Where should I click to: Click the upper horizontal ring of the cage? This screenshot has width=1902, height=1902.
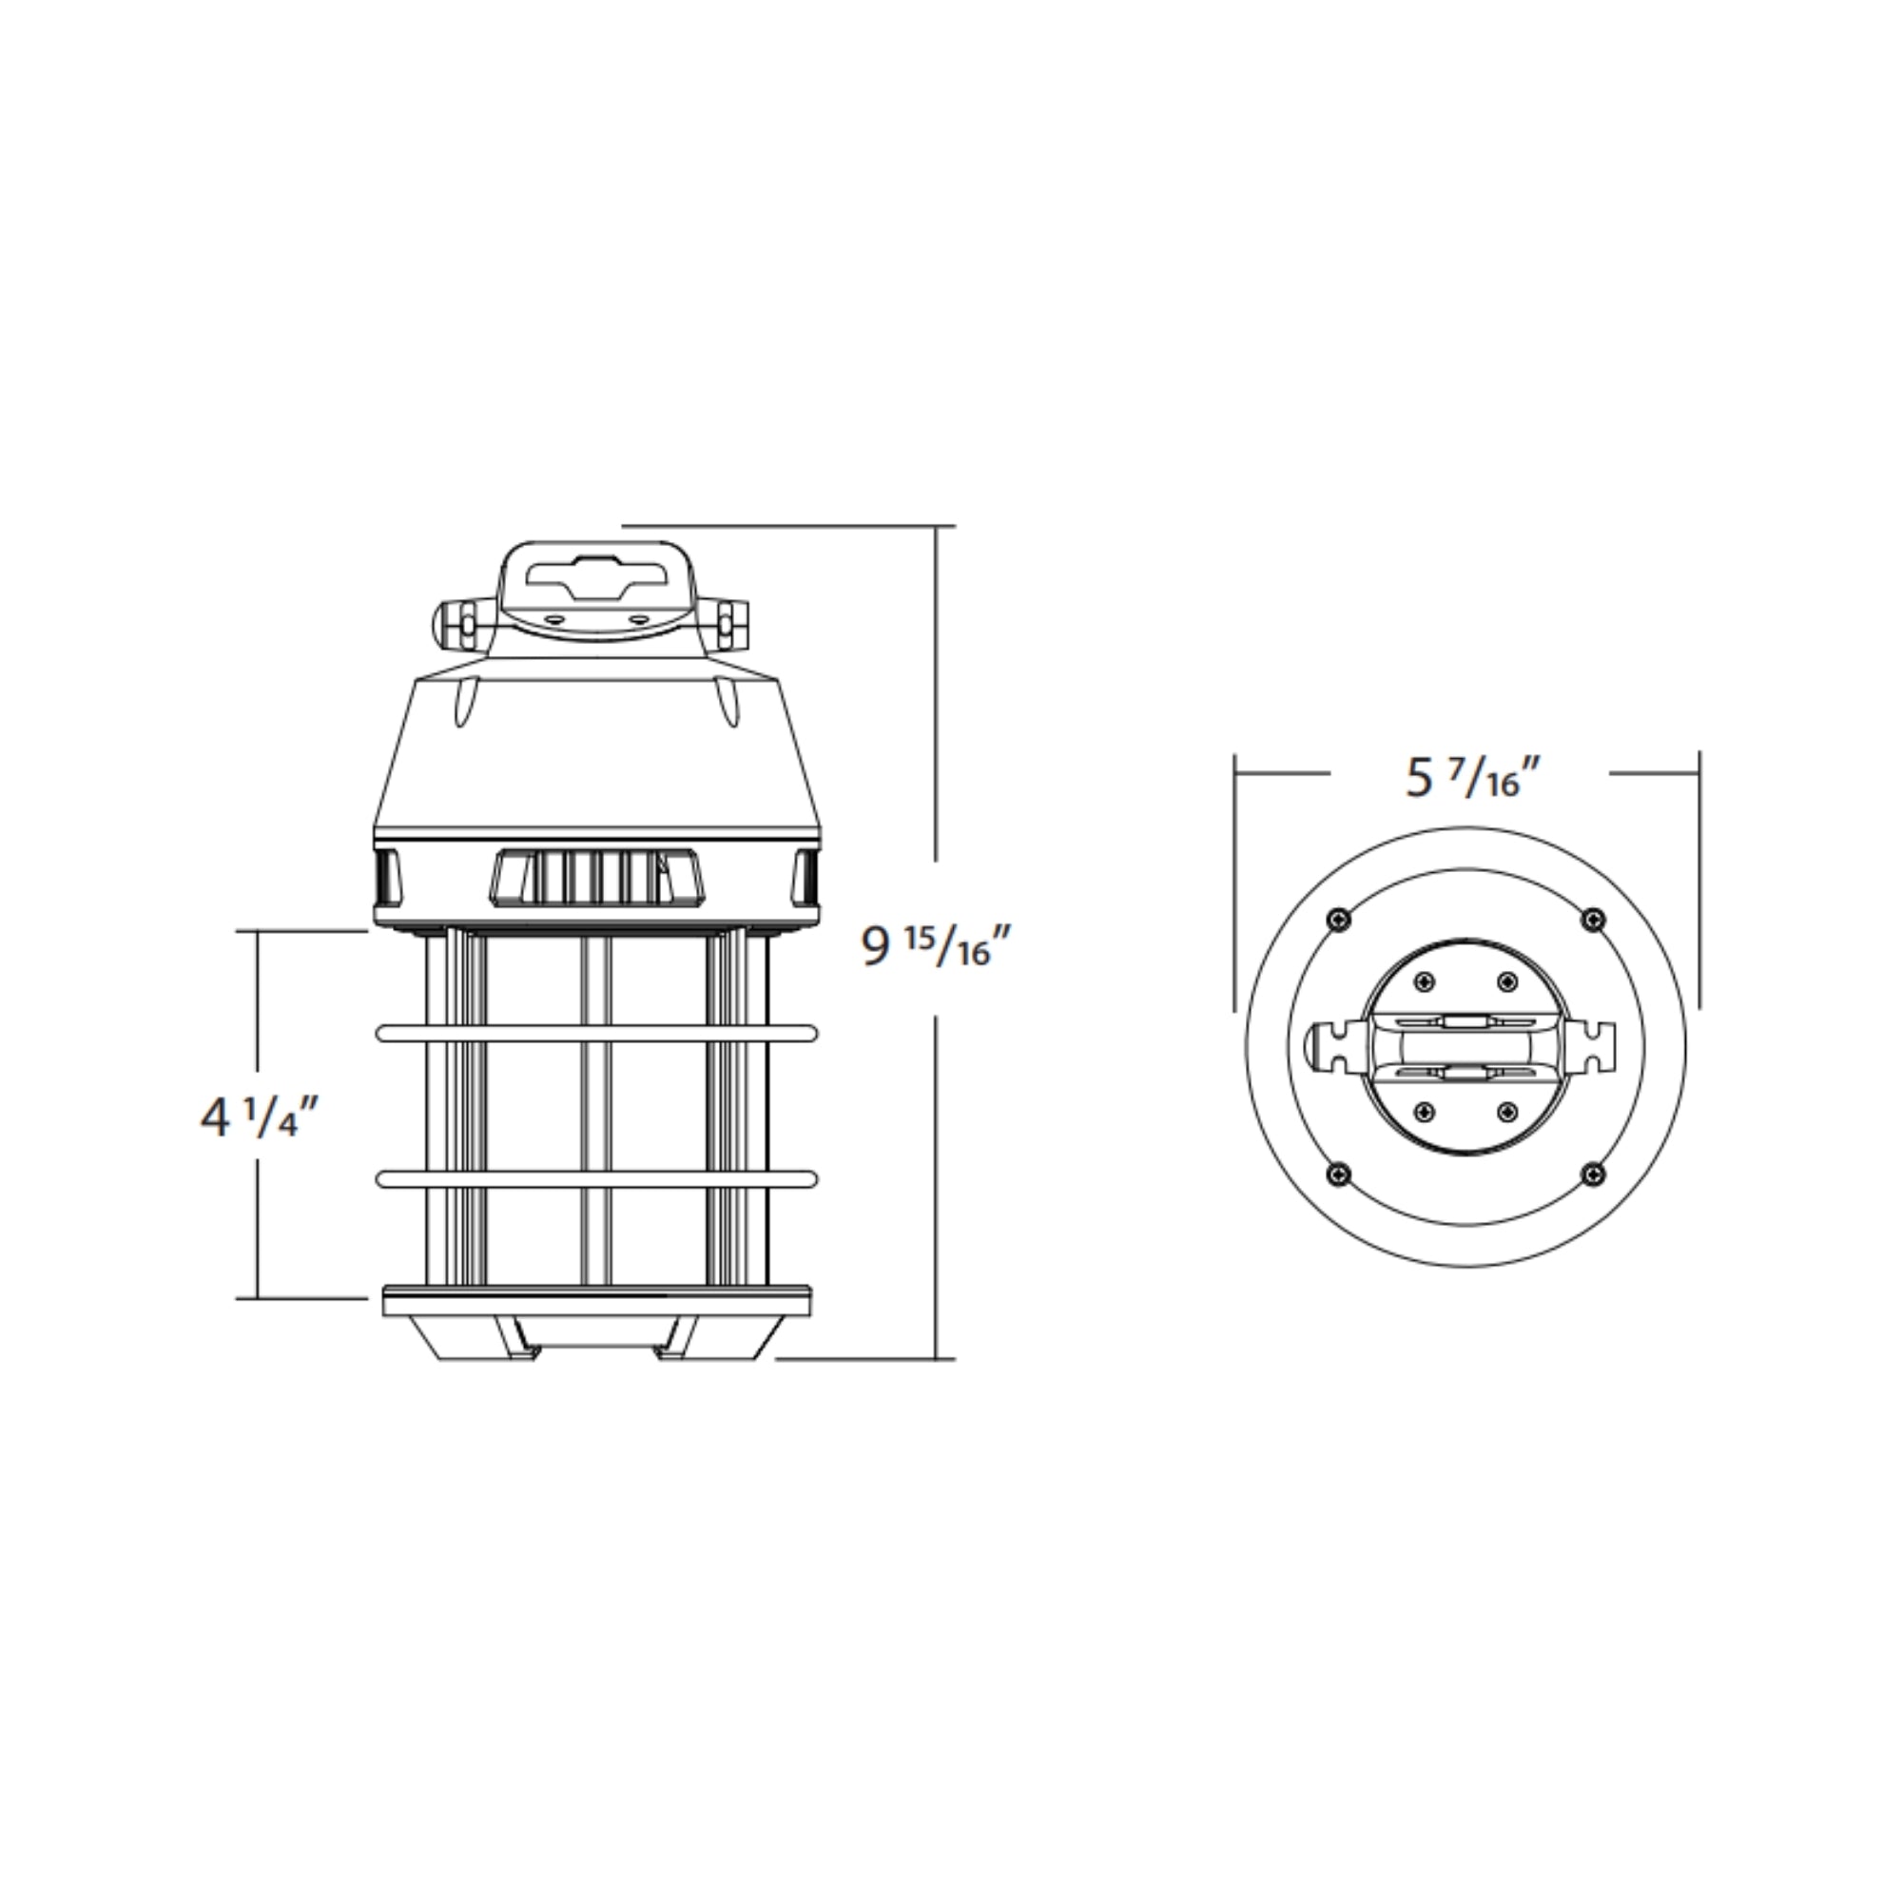coord(595,1034)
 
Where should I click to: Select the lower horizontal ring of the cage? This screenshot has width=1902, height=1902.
coord(595,1178)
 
